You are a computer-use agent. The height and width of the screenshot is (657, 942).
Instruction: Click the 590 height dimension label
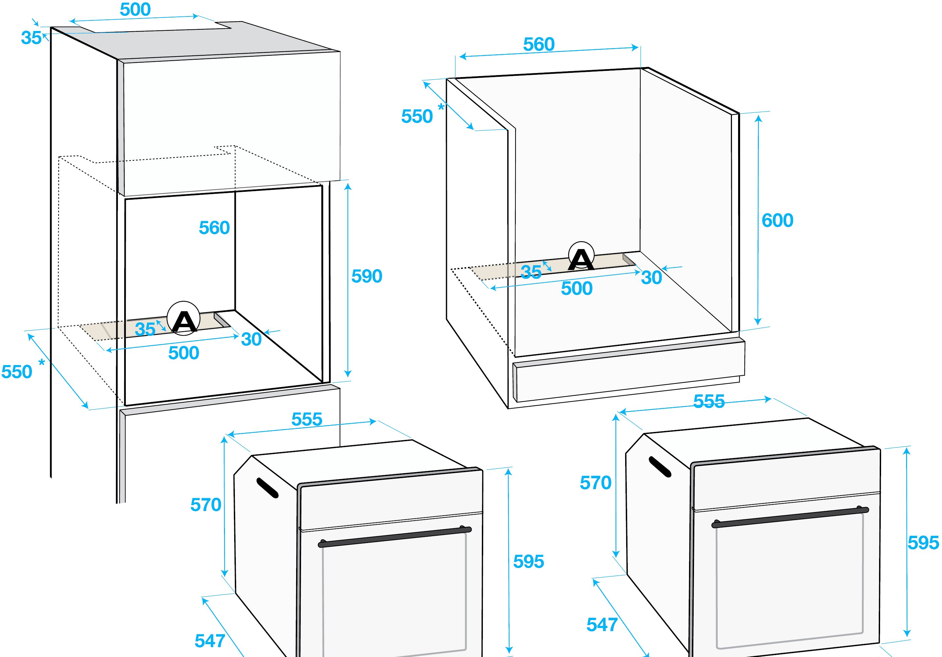pos(367,276)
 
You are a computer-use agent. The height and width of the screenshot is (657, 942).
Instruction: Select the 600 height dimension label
pos(777,220)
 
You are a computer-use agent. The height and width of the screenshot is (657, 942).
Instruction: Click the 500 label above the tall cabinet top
pos(135,10)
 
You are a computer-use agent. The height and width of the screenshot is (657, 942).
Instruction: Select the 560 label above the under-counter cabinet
pos(539,44)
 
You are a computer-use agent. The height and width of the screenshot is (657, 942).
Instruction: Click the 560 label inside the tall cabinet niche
pos(214,228)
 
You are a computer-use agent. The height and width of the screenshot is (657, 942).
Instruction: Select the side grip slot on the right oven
pos(660,467)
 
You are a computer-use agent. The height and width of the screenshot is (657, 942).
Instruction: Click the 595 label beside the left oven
pos(528,561)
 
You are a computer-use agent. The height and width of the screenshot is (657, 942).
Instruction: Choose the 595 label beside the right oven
pos(923,543)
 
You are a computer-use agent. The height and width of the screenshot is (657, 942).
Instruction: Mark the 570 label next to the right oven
pos(595,483)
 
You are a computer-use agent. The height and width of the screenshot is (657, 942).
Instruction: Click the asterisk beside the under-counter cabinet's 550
pos(441,107)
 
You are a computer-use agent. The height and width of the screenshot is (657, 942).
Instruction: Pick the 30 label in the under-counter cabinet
pos(651,278)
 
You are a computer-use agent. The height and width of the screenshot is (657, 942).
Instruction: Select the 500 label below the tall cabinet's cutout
pos(184,353)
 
